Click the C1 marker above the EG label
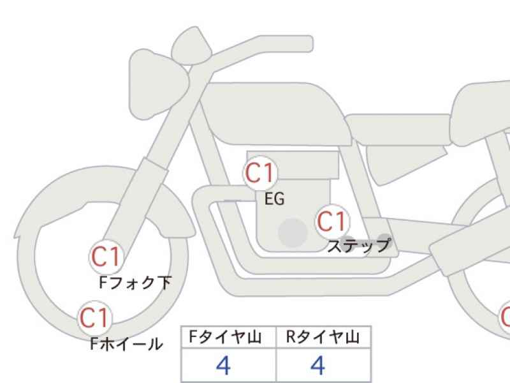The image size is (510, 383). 259,173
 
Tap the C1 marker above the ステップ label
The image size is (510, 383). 331,221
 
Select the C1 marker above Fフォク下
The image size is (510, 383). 106,257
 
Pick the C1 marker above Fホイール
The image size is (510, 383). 94,318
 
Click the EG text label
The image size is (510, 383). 275,199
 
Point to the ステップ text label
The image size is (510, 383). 359,246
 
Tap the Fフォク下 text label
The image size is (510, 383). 135,283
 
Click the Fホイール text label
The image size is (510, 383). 126,344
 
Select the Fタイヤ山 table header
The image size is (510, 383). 226,337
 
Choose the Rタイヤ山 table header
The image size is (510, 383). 323,337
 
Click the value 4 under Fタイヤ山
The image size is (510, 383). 224,365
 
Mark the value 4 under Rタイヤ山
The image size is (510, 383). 317,365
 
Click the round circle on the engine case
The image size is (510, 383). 293,233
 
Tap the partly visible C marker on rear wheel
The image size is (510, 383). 505,318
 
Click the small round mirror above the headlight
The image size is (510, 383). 191,45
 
